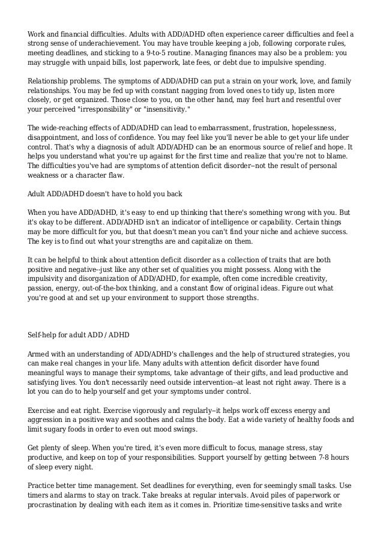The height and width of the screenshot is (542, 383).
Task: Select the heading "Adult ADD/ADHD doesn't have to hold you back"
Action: tap(105, 195)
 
